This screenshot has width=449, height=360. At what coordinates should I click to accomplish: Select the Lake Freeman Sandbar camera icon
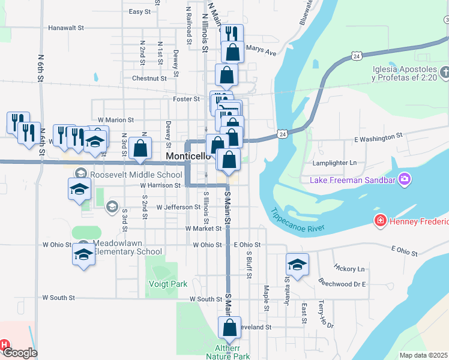pyautogui.click(x=405, y=179)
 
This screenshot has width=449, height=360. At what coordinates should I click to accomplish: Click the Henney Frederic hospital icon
pyautogui.click(x=379, y=222)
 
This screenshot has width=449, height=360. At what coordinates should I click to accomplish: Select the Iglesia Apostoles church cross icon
pyautogui.click(x=444, y=73)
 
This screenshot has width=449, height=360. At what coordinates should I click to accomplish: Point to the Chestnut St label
pyautogui.click(x=149, y=78)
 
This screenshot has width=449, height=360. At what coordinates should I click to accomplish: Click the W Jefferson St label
pyautogui.click(x=178, y=207)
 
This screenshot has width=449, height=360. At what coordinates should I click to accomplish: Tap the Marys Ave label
pyautogui.click(x=261, y=52)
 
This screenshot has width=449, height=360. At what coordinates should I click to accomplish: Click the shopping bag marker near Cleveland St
pyautogui.click(x=229, y=328)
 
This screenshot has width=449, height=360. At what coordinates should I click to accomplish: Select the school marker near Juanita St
pyautogui.click(x=297, y=265)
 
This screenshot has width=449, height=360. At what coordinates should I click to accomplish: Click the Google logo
pyautogui.click(x=20, y=353)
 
